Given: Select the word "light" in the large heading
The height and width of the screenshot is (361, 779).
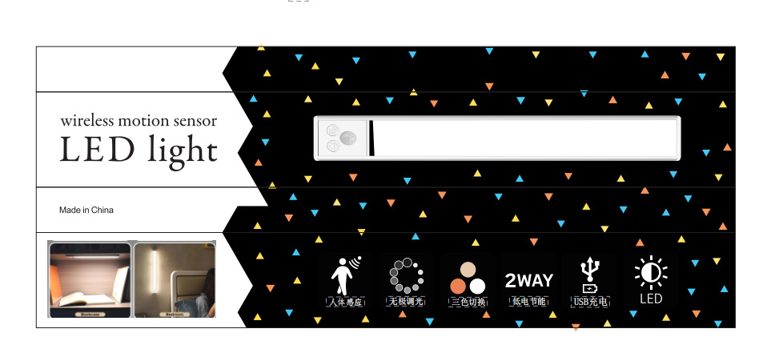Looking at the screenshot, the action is (x=182, y=150).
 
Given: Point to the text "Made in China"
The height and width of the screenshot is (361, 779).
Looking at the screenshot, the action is (x=86, y=211).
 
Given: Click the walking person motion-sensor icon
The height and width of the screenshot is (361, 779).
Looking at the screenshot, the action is (x=345, y=275).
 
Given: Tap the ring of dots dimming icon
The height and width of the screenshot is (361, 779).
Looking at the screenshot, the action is (x=405, y=275).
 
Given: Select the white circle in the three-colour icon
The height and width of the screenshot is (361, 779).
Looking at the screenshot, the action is (x=478, y=286).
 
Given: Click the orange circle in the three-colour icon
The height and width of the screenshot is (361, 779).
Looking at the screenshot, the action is (x=458, y=286).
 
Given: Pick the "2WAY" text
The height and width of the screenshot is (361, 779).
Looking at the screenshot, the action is (x=528, y=280).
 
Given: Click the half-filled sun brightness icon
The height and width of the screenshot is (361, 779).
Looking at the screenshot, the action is (x=650, y=272).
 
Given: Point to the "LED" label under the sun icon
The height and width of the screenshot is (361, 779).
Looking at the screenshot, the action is (x=651, y=299).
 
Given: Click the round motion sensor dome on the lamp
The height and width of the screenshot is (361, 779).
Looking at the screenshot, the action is (x=348, y=138).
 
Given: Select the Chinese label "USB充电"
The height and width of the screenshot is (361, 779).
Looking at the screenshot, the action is (x=590, y=302).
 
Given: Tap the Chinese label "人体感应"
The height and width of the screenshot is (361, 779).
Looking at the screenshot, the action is (x=346, y=302).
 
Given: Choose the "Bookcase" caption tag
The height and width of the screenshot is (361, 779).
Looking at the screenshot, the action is (x=88, y=315).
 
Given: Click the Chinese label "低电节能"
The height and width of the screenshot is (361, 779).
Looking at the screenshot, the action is (x=528, y=302).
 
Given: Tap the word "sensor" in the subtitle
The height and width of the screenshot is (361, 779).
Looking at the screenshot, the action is (x=190, y=121).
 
